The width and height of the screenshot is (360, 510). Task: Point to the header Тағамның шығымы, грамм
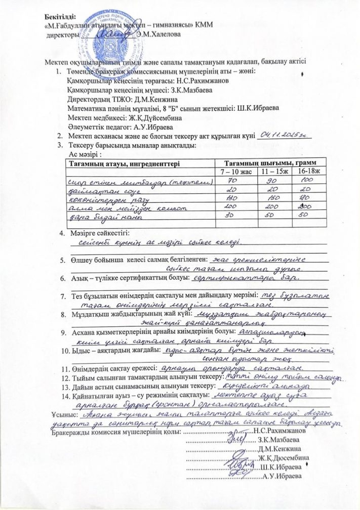268,162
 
